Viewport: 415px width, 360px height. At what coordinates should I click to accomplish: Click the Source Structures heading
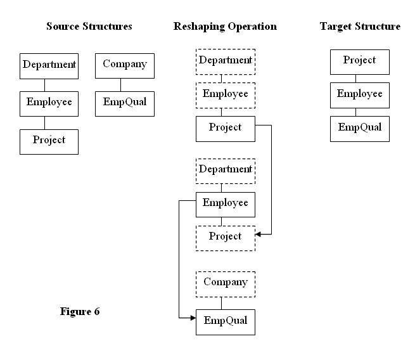[89, 26]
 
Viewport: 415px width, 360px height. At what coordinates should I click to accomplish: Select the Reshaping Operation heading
[225, 27]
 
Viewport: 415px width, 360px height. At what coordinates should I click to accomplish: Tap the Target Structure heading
[360, 26]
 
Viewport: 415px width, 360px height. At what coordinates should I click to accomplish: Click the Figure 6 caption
[80, 311]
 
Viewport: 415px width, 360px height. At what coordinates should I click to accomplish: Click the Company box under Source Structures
[125, 66]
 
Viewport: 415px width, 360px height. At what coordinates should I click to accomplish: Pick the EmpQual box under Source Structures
[125, 104]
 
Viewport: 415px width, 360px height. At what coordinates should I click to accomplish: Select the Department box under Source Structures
[49, 66]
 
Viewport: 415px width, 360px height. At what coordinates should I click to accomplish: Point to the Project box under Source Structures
[49, 142]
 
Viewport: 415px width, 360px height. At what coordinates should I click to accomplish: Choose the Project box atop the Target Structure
[360, 62]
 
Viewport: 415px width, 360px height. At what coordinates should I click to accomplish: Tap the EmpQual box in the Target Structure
[360, 129]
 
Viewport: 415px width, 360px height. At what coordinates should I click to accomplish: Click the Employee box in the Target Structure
[360, 95]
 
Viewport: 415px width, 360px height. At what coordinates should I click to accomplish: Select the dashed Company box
[226, 284]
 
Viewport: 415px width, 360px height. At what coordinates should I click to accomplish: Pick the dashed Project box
[226, 238]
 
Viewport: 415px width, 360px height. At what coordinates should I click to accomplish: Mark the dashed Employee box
[226, 95]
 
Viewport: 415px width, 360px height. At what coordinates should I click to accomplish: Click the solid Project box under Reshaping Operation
[226, 129]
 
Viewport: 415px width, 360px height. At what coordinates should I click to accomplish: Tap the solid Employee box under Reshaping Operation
[226, 205]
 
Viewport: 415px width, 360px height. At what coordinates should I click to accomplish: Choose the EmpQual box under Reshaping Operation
[226, 322]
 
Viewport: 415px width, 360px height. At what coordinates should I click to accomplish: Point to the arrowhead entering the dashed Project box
[258, 235]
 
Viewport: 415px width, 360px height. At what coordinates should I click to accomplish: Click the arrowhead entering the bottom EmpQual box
[193, 318]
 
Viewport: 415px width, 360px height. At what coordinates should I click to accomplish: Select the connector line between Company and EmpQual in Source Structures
[120, 85]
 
